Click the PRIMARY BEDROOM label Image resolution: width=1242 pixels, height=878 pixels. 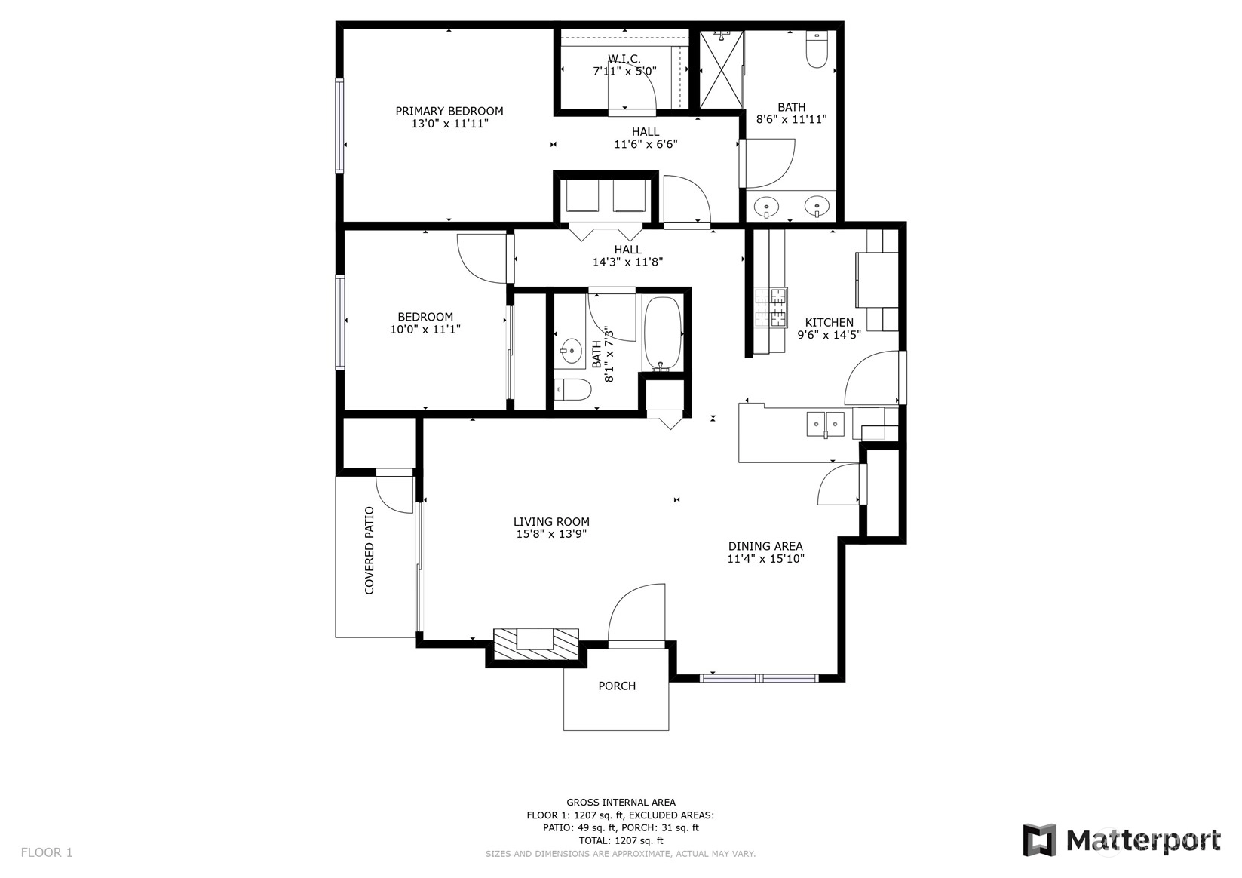tap(449, 111)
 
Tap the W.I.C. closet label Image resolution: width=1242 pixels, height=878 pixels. tap(624, 59)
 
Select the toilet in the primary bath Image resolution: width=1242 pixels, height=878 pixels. tap(817, 49)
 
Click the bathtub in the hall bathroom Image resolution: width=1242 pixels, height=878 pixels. tap(662, 334)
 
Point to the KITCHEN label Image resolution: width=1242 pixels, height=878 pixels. tap(829, 322)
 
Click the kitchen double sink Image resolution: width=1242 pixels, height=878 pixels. tap(825, 425)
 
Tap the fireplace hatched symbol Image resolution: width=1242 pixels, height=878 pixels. tap(536, 644)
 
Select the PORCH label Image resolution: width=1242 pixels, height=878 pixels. tap(617, 686)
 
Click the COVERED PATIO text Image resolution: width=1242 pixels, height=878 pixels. tap(370, 550)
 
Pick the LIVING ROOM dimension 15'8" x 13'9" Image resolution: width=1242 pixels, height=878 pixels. tap(551, 534)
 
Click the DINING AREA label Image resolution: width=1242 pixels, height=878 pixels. tap(765, 546)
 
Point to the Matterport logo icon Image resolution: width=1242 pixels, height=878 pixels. tap(1040, 840)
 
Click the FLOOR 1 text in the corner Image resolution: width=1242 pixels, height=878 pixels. tap(47, 852)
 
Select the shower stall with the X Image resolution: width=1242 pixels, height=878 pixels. tap(721, 69)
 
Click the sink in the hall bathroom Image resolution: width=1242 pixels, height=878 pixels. tap(569, 351)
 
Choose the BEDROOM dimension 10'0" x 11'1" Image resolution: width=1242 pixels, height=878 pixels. tap(425, 330)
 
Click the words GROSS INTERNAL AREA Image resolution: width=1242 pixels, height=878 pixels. tap(621, 802)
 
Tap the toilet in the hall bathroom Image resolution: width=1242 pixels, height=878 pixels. tap(573, 389)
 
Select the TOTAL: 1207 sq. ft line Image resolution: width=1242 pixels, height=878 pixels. tap(621, 840)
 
